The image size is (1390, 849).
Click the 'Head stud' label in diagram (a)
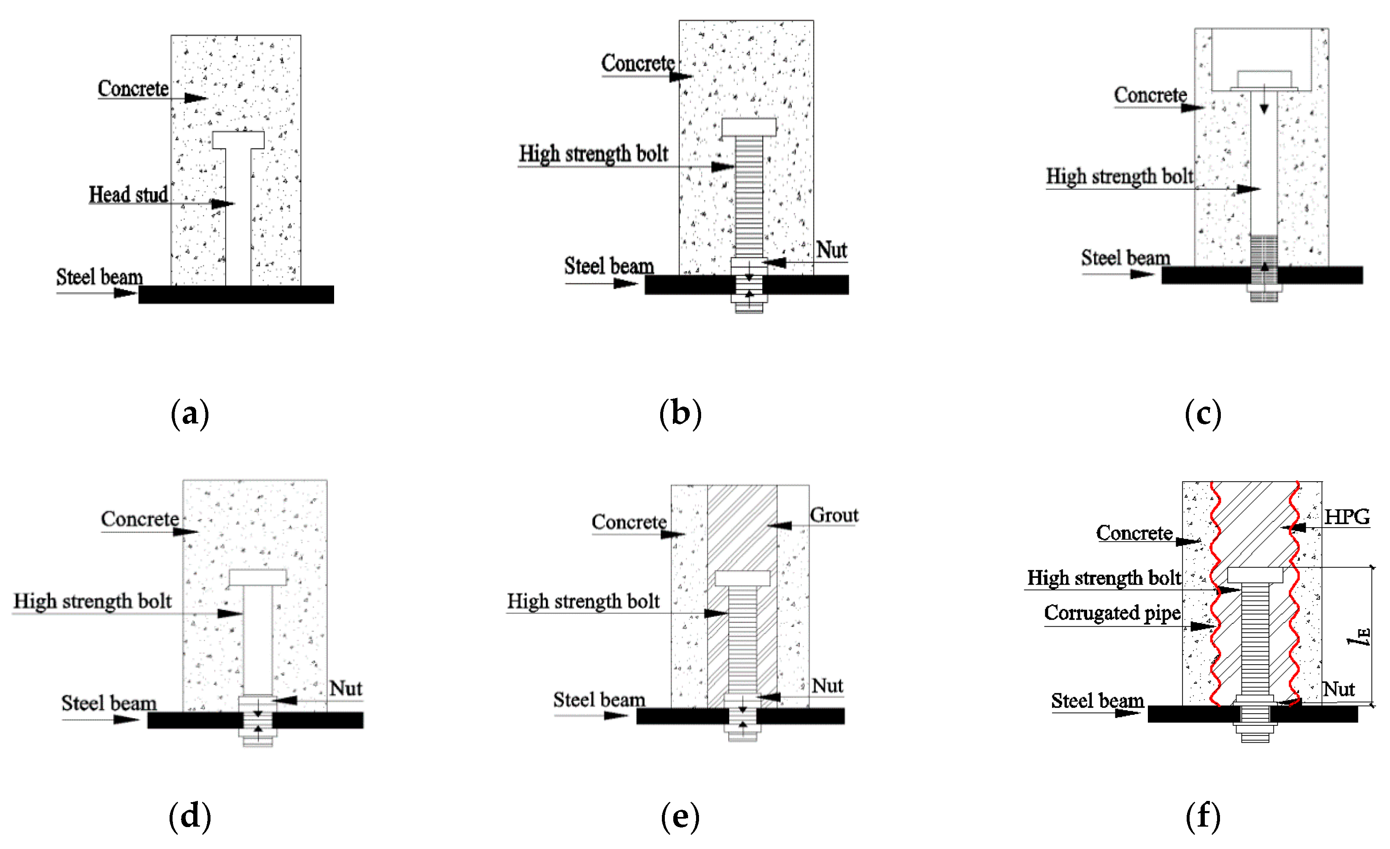pyautogui.click(x=128, y=194)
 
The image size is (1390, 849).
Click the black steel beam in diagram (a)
pyautogui.click(x=236, y=294)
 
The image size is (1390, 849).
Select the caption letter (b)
pyautogui.click(x=680, y=413)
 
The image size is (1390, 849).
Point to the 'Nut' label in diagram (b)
pyautogui.click(x=831, y=250)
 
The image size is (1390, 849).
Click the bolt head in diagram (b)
pyautogui.click(x=749, y=127)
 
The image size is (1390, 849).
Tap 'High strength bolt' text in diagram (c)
pyautogui.click(x=1119, y=177)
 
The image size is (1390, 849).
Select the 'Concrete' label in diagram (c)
pyautogui.click(x=1150, y=95)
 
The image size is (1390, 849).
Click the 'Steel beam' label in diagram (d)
pyautogui.click(x=108, y=703)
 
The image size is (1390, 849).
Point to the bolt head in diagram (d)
pyautogui.click(x=258, y=577)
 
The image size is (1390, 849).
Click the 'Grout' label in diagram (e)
pyautogui.click(x=834, y=515)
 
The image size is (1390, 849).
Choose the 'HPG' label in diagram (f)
pyautogui.click(x=1347, y=517)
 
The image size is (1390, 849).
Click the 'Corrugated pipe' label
pyautogui.click(x=1112, y=613)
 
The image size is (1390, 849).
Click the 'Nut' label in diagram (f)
pyautogui.click(x=1339, y=689)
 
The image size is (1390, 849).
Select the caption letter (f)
pyautogui.click(x=1203, y=816)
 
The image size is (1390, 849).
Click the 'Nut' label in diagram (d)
pyautogui.click(x=345, y=688)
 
